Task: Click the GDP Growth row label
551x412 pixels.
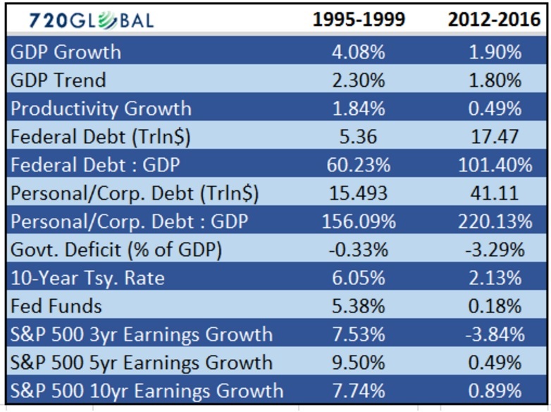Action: tap(66, 52)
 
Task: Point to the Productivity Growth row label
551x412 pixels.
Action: tap(101, 109)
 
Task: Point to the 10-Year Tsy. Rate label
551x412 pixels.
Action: tap(87, 278)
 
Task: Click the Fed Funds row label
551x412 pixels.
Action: tap(56, 306)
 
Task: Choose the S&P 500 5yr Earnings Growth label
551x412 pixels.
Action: tap(141, 363)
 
